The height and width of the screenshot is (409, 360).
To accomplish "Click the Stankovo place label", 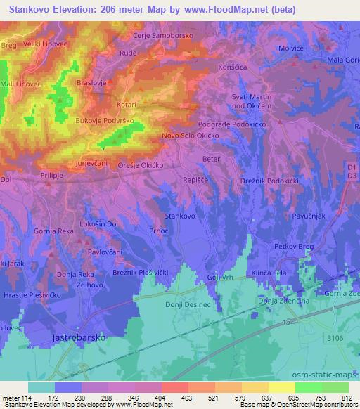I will point(179,216).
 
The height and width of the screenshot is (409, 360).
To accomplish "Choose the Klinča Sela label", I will point(269,274).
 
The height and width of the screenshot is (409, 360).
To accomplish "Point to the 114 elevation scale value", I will point(29,397).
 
